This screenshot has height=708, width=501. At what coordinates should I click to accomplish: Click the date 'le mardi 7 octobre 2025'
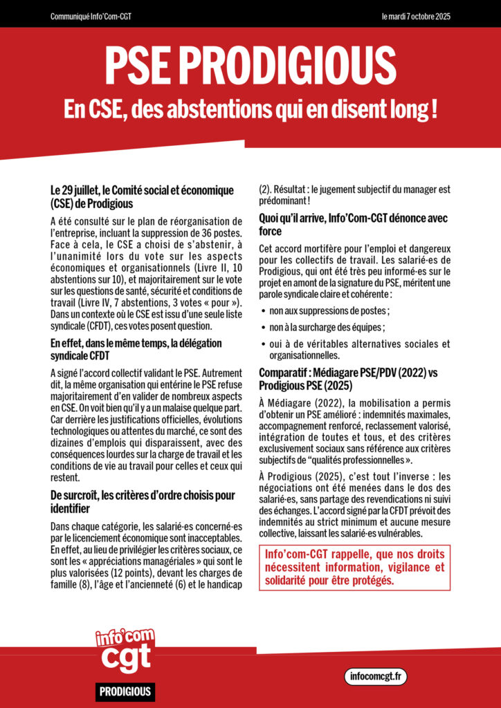pos(416,16)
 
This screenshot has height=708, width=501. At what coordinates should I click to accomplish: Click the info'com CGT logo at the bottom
pos(125,653)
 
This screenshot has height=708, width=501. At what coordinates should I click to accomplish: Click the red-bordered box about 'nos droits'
pos(354,567)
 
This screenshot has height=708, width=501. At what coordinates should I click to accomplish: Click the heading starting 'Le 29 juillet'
pos(142,197)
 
